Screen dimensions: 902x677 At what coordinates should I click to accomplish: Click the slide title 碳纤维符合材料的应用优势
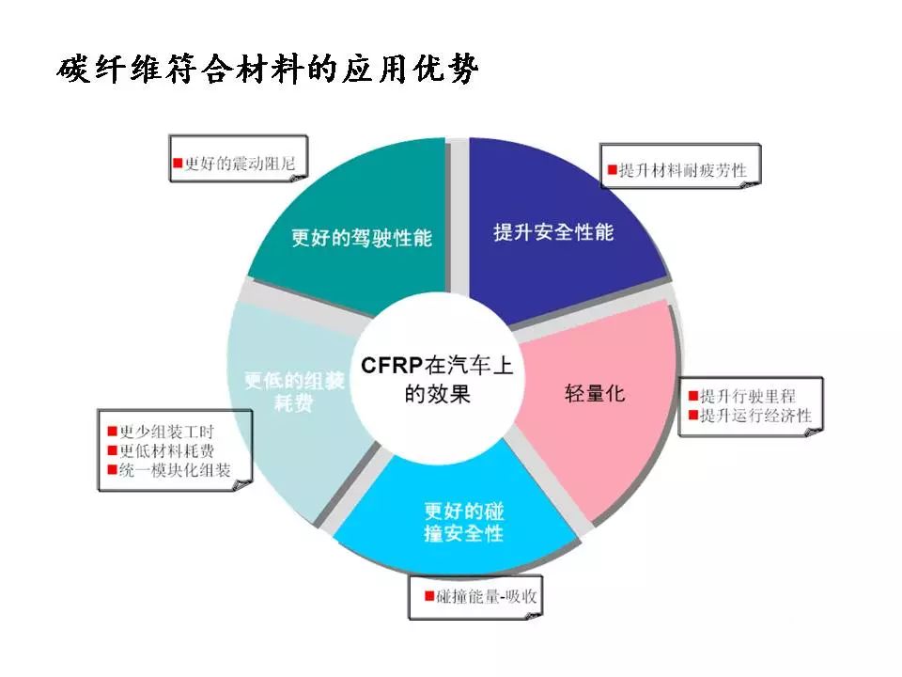(267, 69)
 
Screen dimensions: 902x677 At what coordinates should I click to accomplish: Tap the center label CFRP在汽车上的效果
(436, 379)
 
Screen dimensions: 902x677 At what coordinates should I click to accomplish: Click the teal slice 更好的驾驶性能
(357, 230)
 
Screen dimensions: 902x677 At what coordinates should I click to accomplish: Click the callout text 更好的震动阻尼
(240, 164)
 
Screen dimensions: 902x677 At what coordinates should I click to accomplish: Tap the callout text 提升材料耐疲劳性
(683, 170)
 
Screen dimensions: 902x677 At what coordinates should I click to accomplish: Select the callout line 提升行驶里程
(748, 396)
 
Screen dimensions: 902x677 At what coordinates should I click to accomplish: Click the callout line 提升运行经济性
(755, 415)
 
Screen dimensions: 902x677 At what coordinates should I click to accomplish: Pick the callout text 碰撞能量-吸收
(487, 596)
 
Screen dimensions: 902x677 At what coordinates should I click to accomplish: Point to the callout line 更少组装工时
(166, 432)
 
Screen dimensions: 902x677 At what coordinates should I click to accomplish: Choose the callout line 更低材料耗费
(166, 450)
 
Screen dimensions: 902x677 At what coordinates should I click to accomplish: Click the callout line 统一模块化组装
(175, 470)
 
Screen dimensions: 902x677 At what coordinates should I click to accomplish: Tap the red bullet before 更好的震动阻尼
(178, 163)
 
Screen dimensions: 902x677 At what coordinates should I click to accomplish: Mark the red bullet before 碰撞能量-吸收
(429, 595)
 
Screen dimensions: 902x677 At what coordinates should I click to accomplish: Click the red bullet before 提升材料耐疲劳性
(613, 170)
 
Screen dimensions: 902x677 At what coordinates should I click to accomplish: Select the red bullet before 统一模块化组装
(113, 470)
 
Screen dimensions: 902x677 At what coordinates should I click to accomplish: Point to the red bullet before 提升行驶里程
(693, 396)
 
